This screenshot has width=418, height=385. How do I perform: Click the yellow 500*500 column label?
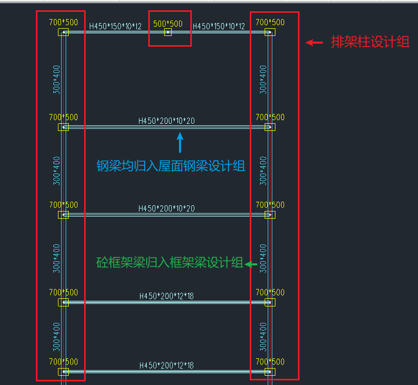pos(168,24)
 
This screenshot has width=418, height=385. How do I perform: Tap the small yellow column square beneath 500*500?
pos(168,32)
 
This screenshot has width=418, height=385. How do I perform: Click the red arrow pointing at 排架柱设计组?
pos(314,43)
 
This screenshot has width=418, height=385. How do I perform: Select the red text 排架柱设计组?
pos(370,42)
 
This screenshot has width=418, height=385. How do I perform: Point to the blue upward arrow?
pos(180,143)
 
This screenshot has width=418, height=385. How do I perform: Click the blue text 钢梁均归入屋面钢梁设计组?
pos(171,166)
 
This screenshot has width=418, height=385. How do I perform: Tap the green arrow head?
pos(248,264)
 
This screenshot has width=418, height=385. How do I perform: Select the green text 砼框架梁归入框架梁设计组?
pos(170,262)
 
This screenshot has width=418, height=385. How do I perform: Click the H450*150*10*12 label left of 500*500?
pos(115,26)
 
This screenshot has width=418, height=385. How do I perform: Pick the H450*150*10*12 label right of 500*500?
pos(218,26)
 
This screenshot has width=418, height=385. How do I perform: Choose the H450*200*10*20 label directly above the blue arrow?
pos(167,121)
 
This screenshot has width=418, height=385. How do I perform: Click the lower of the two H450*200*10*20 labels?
pos(167,208)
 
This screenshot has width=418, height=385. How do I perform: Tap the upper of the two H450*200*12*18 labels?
pos(167,296)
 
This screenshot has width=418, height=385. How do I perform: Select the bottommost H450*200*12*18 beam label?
pos(167,365)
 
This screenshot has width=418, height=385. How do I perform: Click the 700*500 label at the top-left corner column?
pos(64,22)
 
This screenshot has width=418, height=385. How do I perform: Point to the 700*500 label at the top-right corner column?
pos(270,22)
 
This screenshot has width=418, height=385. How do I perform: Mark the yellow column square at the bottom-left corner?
pos(63,372)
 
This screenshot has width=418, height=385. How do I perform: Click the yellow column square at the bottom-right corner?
pos(270,372)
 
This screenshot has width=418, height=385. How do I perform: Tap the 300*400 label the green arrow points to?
pos(263,259)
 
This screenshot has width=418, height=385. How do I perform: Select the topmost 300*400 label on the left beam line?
pos(56,80)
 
